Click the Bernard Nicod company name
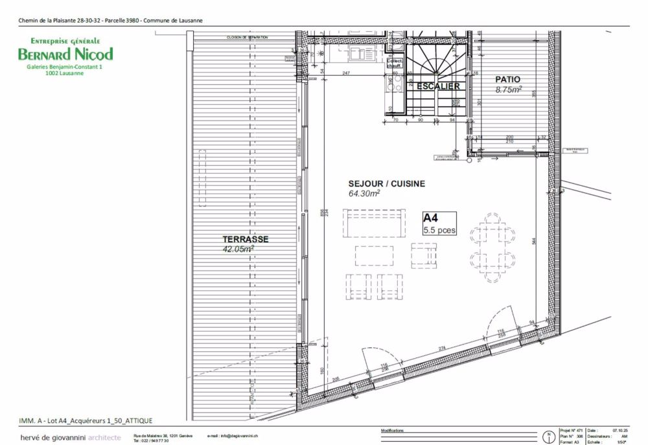pos(65,54)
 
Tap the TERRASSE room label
pos(246,239)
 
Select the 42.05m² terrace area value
pos(238,248)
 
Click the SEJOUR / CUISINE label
pos(387,184)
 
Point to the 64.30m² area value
pos(364,193)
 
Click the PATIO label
pos(507,80)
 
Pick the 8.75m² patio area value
pos(509,89)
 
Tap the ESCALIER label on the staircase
pos(438,86)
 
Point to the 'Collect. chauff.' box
pos(394,63)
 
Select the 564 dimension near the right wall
pos(533,240)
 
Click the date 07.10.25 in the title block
pos(621,429)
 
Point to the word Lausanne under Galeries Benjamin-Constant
pos(65,73)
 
